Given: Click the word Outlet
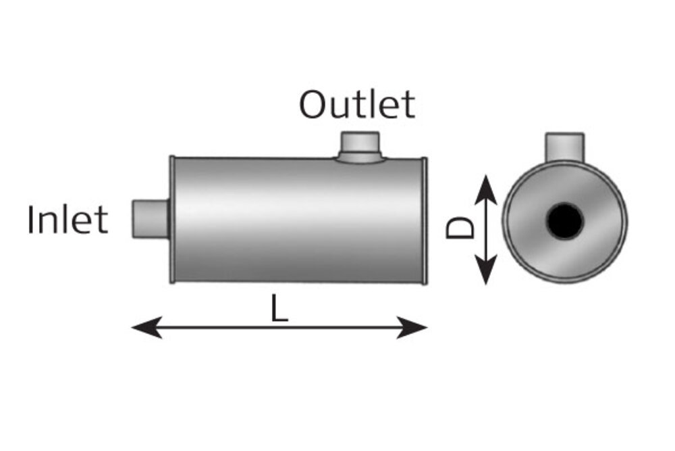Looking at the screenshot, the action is (x=357, y=104).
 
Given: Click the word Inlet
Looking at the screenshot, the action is (x=67, y=220).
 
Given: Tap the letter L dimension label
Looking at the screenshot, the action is (x=279, y=308).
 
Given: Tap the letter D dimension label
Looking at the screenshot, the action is (x=460, y=227).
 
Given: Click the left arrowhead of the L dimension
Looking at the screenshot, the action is (x=146, y=327).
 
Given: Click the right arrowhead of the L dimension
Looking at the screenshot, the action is (x=412, y=327).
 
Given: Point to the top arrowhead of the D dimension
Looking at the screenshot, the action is (x=486, y=189).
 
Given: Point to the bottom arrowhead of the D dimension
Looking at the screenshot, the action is (x=486, y=270).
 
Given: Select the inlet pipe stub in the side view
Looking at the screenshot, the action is (x=151, y=218).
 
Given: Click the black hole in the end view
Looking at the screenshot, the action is (x=565, y=220).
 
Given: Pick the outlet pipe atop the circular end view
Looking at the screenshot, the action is (x=565, y=147).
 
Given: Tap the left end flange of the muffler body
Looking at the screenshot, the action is (x=172, y=220).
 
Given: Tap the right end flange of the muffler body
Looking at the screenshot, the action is (x=424, y=220).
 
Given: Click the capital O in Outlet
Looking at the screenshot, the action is (x=313, y=105).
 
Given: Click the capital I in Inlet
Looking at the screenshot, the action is (x=30, y=220).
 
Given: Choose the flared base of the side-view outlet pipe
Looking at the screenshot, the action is (x=360, y=158).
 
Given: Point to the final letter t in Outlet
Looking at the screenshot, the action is (x=409, y=107).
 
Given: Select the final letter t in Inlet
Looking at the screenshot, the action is (x=102, y=222).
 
